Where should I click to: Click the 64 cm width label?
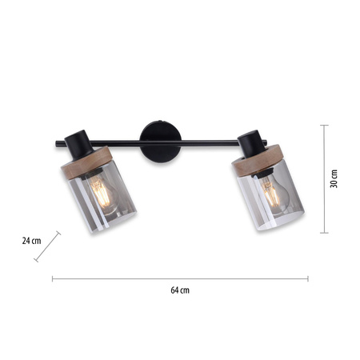pos(180,290)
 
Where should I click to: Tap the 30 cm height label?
pos(334,178)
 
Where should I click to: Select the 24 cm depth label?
pos(31,241)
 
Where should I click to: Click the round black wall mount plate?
pos(161,142)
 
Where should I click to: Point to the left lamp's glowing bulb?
pos(102,194)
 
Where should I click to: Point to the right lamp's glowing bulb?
pos(274,194)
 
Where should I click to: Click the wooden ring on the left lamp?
pos(86,162)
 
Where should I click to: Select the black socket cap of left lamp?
pos(78,145)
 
